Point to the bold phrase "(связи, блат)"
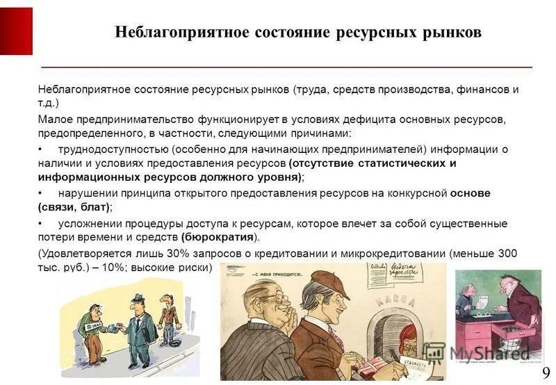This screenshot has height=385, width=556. (x=74, y=207)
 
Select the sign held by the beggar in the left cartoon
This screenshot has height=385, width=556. (x=92, y=325)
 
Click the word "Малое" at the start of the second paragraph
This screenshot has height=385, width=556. (x=54, y=120)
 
